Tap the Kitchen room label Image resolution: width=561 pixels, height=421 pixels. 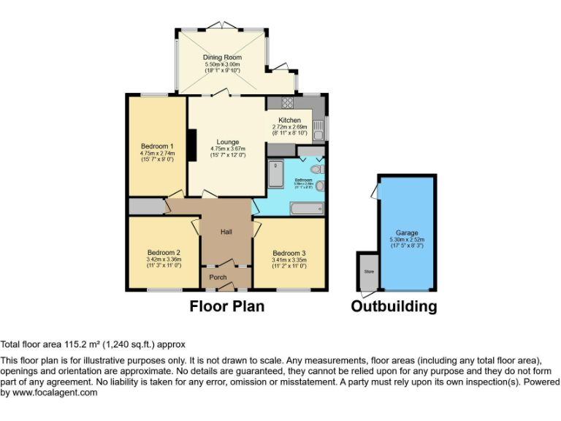pyautogui.click(x=289, y=120)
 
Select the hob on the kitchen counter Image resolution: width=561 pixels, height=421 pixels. pyautogui.click(x=286, y=103)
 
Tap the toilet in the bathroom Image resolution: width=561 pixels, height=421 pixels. pyautogui.click(x=315, y=169)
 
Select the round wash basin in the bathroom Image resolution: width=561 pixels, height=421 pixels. pyautogui.click(x=319, y=186)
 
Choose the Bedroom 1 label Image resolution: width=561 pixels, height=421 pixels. pyautogui.click(x=157, y=145)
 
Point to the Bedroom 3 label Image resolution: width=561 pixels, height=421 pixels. pyautogui.click(x=289, y=253)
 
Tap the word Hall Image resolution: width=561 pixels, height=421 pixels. pyautogui.click(x=226, y=232)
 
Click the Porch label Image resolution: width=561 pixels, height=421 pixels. pyautogui.click(x=218, y=278)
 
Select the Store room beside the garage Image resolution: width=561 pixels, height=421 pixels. pyautogui.click(x=367, y=271)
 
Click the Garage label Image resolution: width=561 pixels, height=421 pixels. pyautogui.click(x=407, y=232)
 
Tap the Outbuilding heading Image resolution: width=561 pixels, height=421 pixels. pyautogui.click(x=394, y=306)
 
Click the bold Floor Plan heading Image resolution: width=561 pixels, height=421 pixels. pyautogui.click(x=227, y=306)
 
